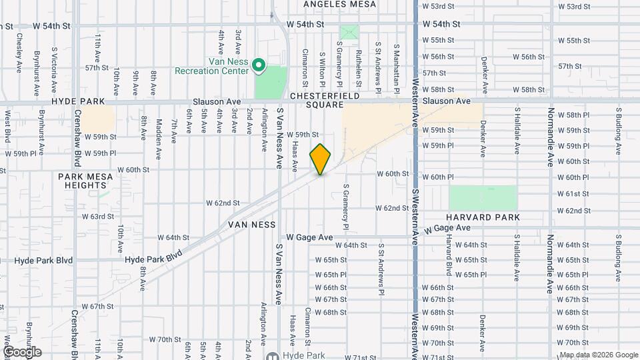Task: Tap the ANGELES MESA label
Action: [339, 4]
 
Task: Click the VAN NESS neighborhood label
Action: [252, 225]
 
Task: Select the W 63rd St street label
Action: [98, 217]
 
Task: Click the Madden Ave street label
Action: [159, 130]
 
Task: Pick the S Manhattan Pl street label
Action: [395, 59]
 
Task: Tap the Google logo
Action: [21, 351]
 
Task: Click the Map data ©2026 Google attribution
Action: [598, 355]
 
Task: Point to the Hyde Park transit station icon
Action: [271, 356]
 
